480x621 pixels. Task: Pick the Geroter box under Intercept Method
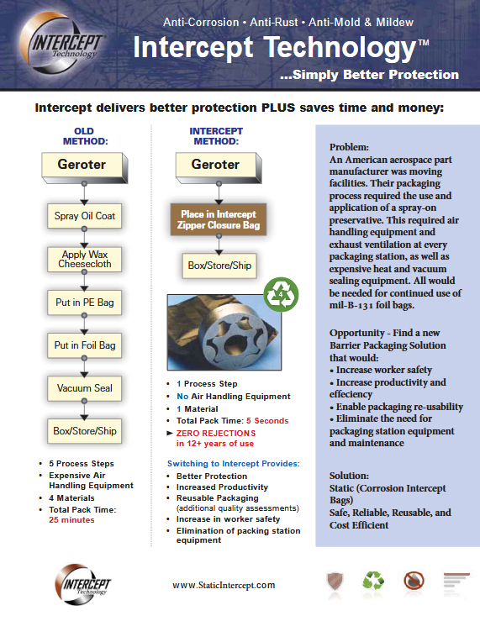tap(215, 165)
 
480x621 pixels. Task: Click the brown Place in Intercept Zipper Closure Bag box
tap(215, 221)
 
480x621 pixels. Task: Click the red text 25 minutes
tap(71, 519)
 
